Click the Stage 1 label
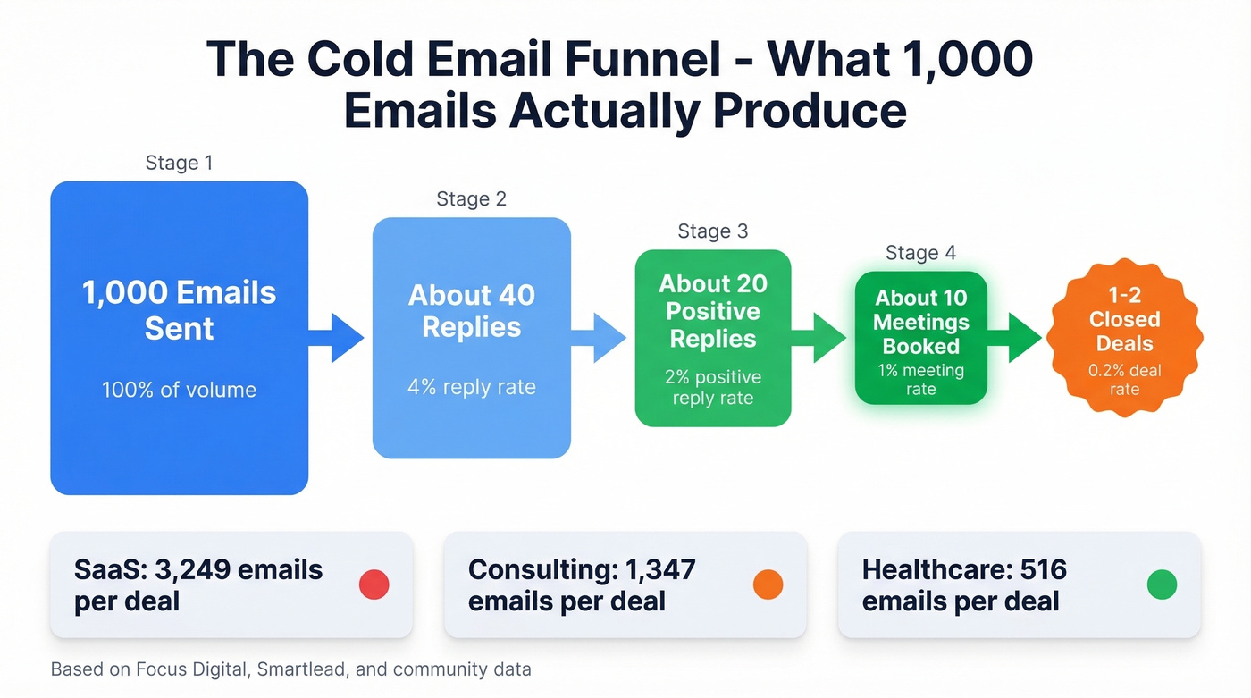[179, 163]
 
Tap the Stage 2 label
[471, 198]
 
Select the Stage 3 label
[712, 231]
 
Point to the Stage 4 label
[920, 253]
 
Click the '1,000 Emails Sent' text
[180, 310]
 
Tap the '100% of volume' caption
[180, 390]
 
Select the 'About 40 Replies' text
[471, 311]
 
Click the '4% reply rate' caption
[471, 387]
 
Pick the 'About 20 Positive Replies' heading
[712, 311]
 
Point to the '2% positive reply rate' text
[712, 387]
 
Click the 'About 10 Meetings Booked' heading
[920, 322]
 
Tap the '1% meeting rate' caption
[920, 380]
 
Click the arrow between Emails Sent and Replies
[340, 338]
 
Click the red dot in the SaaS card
[374, 584]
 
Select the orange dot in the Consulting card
[768, 584]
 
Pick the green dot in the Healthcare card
[1162, 584]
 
